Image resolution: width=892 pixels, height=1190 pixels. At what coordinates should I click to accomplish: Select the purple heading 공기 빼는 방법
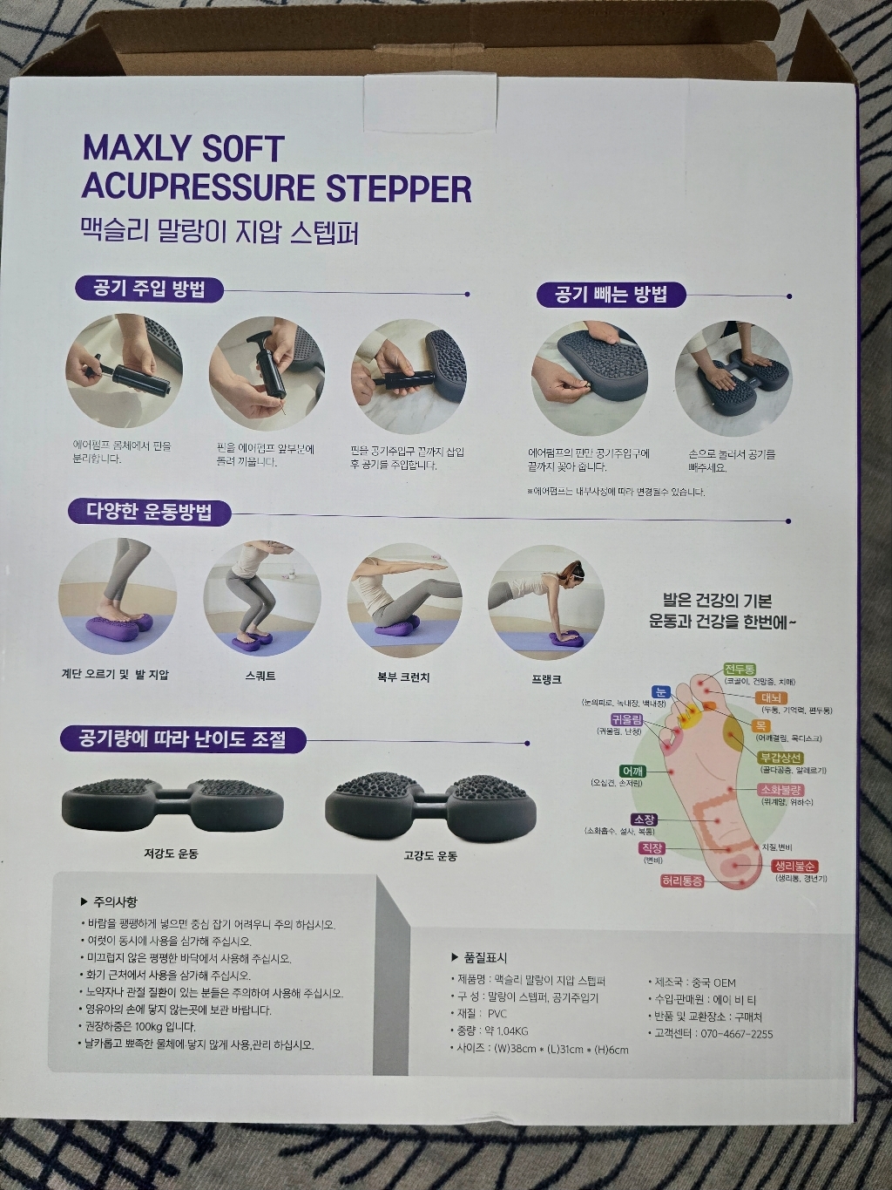pyautogui.click(x=611, y=295)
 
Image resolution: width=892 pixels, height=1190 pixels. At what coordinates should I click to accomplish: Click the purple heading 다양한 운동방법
pyautogui.click(x=148, y=512)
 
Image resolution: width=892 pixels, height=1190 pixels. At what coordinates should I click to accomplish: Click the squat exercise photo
pyautogui.click(x=262, y=597)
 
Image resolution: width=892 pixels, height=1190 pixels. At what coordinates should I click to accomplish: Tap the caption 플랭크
pyautogui.click(x=546, y=678)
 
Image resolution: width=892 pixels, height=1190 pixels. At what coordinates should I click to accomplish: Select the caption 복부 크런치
pyautogui.click(x=403, y=677)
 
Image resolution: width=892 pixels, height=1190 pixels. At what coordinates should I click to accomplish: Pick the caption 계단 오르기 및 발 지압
pyautogui.click(x=115, y=674)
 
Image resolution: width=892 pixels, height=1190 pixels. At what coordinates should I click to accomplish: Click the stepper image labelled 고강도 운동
pyautogui.click(x=430, y=803)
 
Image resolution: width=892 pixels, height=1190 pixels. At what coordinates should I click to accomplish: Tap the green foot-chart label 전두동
pyautogui.click(x=740, y=670)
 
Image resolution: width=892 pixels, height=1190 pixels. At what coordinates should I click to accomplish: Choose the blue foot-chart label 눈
pyautogui.click(x=661, y=691)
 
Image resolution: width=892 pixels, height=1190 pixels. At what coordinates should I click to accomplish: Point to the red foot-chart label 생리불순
pyautogui.click(x=794, y=867)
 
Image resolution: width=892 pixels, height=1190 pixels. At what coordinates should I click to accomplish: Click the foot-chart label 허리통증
pyautogui.click(x=681, y=881)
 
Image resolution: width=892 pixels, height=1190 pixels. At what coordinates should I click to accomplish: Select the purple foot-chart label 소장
pyautogui.click(x=644, y=819)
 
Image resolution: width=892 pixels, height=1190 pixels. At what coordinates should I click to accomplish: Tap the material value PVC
pyautogui.click(x=497, y=1014)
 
